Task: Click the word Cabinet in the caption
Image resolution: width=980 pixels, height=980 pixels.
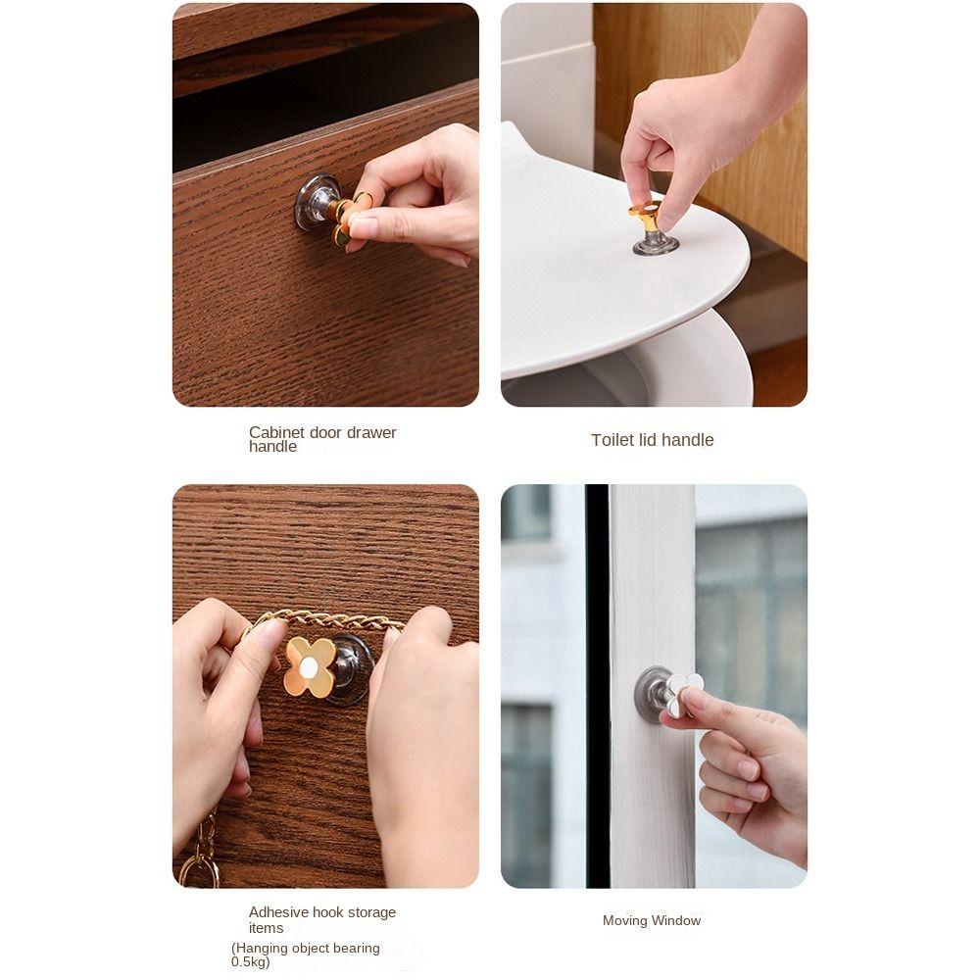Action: coord(276,432)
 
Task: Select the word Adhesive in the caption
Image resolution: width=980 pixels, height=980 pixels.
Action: coord(278,912)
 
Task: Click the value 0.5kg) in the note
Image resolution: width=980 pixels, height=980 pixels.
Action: coord(250,962)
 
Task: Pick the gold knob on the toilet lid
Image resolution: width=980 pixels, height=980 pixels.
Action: coord(645,218)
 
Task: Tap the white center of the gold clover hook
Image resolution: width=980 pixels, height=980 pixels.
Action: coord(309,668)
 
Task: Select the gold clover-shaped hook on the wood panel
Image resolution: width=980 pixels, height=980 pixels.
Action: coord(310,667)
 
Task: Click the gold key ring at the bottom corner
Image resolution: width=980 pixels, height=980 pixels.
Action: coord(199,872)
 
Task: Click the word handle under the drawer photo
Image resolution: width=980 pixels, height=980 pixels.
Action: coord(272,446)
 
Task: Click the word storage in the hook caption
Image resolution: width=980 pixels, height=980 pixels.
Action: coord(371,912)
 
